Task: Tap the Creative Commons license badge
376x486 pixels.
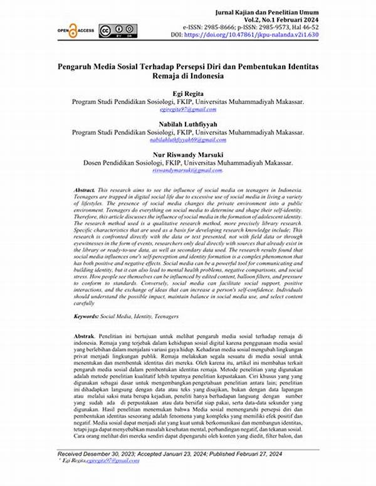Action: tap(112, 29)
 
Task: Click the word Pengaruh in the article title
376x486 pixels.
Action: tap(77, 65)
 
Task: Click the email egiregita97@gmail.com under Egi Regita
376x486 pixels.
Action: tap(188, 108)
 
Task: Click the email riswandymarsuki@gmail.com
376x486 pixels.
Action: tap(188, 170)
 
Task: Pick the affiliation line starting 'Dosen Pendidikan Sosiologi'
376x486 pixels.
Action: tap(188, 162)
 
